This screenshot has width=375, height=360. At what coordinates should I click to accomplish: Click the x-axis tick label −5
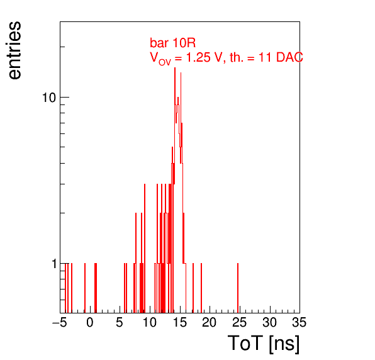60,322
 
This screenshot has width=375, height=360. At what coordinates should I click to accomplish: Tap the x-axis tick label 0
90,322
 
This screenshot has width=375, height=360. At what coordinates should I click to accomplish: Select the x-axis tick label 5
120,322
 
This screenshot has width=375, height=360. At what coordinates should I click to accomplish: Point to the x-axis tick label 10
150,322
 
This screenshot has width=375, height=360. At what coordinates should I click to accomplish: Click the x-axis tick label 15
180,322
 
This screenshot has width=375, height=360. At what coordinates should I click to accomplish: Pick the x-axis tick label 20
210,322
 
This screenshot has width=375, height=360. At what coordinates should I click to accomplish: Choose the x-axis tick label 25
239,322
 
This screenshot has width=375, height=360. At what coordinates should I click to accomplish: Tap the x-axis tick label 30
269,322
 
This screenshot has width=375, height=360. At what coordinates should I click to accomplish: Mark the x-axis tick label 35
299,322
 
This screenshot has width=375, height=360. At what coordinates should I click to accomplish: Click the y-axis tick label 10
49,98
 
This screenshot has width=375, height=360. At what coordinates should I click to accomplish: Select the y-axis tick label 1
54,264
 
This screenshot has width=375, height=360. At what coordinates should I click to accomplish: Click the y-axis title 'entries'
15,50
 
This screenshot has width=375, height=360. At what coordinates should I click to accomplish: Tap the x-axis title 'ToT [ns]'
264,343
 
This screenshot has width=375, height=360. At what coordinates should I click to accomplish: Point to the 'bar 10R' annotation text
172,43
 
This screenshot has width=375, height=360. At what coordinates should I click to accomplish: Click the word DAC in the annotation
289,57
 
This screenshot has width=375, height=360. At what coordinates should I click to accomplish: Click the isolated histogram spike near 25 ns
238,288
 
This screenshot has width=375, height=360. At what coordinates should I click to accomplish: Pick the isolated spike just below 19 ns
201,288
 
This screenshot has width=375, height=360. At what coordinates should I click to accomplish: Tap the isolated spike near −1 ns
85,288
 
